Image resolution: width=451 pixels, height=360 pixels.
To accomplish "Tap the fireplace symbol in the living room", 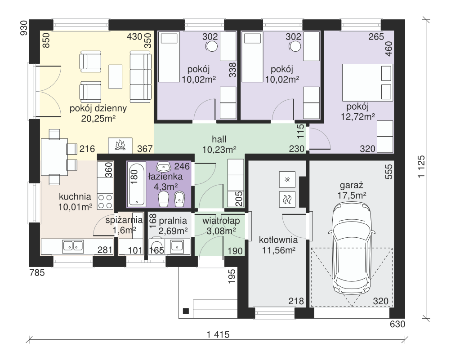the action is [120, 145].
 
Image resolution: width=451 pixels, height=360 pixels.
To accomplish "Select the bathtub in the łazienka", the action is [136, 184].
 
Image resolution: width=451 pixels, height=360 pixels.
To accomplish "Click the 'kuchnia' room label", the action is [75, 197].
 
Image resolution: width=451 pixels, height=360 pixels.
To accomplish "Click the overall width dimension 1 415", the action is [218, 334].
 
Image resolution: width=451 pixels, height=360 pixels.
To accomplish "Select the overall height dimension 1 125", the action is [421, 167].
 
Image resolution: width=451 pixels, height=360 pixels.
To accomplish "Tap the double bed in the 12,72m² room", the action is [367, 83].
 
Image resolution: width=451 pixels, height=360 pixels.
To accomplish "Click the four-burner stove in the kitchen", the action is [105, 201].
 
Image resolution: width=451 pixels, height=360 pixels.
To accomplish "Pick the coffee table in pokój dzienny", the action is [116, 76].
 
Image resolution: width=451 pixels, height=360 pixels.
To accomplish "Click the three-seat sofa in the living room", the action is [140, 77].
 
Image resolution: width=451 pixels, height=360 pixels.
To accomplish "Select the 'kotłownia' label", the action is [278, 240].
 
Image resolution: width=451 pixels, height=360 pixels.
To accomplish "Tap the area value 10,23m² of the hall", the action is [219, 150].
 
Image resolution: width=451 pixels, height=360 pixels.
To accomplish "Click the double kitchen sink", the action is [73, 246].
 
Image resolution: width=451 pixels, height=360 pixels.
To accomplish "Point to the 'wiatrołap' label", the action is [221, 221].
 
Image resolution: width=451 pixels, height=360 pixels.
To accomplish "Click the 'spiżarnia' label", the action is [124, 220].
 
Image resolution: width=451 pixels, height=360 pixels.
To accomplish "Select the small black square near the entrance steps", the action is [186, 311].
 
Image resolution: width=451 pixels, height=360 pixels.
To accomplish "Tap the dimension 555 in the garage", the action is [388, 172].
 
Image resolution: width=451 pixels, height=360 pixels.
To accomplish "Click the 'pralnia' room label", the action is [173, 221].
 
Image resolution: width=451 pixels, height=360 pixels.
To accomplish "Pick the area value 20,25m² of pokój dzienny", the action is [98, 118].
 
